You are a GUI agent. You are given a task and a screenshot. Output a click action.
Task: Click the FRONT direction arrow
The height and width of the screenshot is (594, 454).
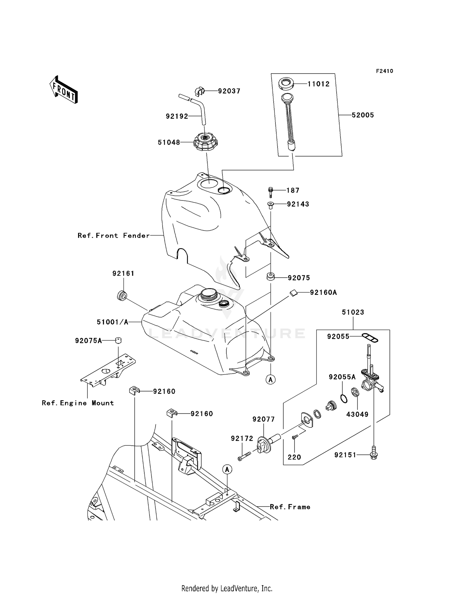(64, 90)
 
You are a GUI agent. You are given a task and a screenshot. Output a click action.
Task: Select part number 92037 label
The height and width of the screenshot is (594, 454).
(229, 91)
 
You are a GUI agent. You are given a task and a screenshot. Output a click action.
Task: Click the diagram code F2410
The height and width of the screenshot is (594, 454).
(384, 71)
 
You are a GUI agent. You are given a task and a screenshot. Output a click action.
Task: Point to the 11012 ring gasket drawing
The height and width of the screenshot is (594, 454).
(286, 84)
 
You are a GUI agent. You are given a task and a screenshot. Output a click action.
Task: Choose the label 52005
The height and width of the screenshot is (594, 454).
(363, 115)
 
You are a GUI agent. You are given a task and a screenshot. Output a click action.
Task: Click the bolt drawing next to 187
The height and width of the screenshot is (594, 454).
(271, 192)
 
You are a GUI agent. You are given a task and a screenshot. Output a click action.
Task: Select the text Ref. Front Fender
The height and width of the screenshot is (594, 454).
(113, 236)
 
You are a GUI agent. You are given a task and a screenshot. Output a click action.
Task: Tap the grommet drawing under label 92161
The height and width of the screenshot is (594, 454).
(122, 295)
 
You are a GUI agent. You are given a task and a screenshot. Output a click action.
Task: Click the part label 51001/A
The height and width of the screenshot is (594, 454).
(113, 322)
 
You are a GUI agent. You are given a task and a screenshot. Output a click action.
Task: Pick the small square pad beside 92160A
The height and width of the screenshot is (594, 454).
(293, 292)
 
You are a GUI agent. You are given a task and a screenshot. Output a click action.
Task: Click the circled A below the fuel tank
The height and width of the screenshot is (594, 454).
(270, 379)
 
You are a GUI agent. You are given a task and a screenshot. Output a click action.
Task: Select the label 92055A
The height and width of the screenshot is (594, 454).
(342, 377)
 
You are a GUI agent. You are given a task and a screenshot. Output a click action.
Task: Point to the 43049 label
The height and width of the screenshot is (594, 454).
(357, 414)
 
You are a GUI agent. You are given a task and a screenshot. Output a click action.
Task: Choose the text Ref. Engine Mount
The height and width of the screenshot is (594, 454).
(78, 403)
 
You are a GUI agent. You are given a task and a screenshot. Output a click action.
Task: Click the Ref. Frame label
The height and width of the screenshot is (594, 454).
(290, 507)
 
